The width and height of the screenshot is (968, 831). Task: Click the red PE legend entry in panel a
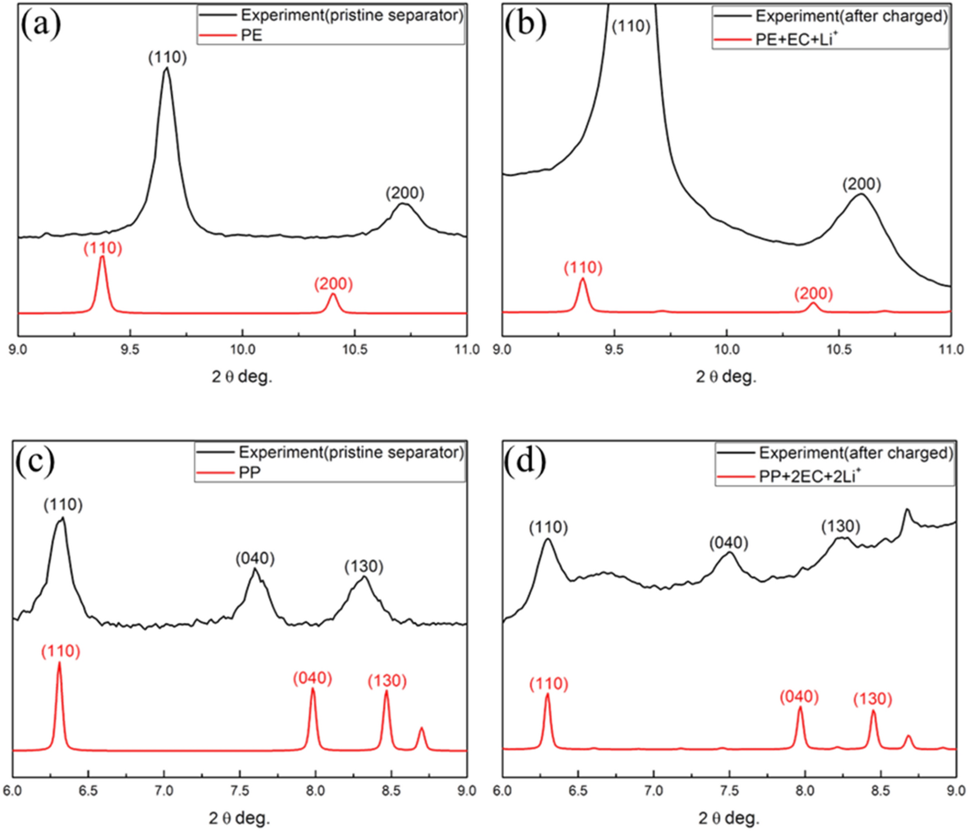[251, 35]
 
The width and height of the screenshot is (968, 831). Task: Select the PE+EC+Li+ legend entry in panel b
[796, 39]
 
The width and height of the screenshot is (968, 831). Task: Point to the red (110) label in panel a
[102, 248]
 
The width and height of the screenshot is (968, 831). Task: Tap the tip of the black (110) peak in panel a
[167, 68]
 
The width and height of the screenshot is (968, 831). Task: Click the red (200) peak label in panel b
[813, 293]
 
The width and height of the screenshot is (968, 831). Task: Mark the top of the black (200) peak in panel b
[861, 194]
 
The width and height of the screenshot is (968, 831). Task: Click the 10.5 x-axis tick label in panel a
[355, 349]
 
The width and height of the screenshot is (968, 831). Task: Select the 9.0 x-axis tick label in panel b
[502, 349]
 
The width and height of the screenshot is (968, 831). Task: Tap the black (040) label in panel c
[255, 559]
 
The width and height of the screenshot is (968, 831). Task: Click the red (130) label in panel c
[387, 680]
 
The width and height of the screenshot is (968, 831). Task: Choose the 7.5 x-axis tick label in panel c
[240, 790]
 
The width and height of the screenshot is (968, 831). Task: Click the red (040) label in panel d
[799, 696]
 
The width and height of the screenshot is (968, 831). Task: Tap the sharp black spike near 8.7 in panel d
[906, 510]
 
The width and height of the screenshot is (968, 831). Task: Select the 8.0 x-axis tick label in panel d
[805, 790]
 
